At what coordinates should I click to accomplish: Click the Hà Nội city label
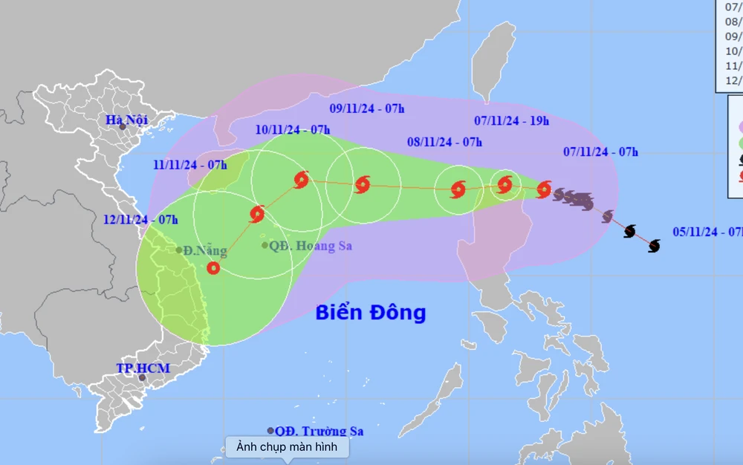tap(127, 120)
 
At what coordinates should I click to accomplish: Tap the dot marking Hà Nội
tap(123, 127)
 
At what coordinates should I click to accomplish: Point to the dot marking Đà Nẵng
tap(179, 250)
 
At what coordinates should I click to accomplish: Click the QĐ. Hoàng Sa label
tap(311, 245)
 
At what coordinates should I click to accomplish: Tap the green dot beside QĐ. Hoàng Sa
tap(265, 245)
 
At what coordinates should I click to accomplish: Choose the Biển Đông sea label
tap(370, 312)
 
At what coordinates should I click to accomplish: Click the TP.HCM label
tap(143, 368)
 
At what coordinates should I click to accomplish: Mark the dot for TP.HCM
tap(142, 377)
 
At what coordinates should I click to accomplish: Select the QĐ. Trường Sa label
tap(319, 431)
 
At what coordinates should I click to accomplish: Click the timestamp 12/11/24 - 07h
tap(141, 219)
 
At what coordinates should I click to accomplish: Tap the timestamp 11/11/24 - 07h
tap(191, 165)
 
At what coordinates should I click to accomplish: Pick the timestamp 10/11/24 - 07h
tap(293, 129)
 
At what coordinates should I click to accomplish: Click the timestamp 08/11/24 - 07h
tap(445, 141)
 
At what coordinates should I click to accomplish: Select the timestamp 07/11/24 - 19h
tap(512, 120)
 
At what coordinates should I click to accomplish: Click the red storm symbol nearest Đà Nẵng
tap(213, 268)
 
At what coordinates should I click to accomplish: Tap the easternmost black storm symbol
tap(654, 246)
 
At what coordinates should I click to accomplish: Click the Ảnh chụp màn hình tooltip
tap(287, 446)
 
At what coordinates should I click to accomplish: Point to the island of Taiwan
tap(494, 59)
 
